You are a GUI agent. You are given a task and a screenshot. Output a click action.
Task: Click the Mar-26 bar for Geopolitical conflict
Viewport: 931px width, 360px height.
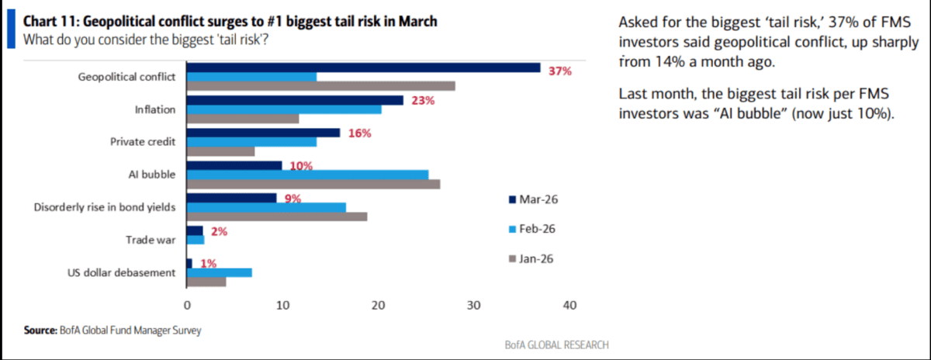tap(363, 67)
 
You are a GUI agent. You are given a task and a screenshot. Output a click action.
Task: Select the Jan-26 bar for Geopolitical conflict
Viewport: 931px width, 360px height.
tap(320, 86)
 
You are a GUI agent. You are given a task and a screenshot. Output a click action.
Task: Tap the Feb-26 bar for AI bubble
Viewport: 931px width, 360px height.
tap(307, 175)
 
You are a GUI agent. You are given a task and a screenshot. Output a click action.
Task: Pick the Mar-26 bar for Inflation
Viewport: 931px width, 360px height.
tap(295, 100)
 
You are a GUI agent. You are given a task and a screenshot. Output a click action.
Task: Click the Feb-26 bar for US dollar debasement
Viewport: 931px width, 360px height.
tap(219, 272)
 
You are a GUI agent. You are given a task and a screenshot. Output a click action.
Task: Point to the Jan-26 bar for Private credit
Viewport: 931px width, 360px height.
tap(220, 151)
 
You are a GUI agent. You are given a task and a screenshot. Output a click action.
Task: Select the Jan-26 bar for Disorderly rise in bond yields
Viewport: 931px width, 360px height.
tap(277, 216)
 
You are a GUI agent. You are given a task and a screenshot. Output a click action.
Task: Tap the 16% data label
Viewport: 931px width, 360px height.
tap(359, 133)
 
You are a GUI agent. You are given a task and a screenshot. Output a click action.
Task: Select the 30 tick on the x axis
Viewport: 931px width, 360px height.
tap(473, 306)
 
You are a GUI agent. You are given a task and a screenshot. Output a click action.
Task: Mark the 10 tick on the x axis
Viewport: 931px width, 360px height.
tap(282, 306)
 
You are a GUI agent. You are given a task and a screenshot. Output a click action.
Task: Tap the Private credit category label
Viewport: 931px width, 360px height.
tap(144, 142)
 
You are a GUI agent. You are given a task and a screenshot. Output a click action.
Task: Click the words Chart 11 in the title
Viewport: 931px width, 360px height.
tap(53, 22)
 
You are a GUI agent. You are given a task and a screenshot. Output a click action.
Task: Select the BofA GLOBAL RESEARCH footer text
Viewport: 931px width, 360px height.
tap(555, 344)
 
